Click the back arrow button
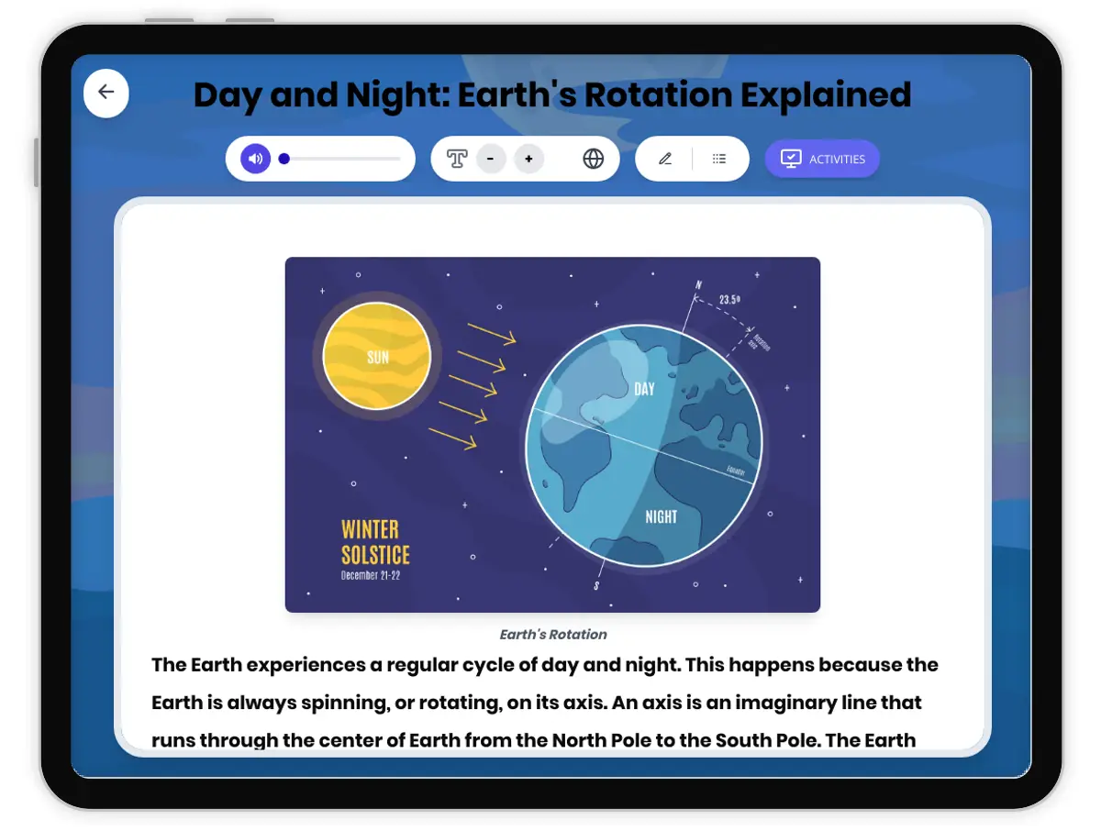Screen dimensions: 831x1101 tap(106, 92)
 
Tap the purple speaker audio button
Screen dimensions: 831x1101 tap(255, 159)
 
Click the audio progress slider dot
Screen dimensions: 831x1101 tap(284, 159)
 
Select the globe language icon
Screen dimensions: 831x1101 tap(594, 159)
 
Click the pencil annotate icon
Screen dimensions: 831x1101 tap(665, 159)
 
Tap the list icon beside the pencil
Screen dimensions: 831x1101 tap(719, 159)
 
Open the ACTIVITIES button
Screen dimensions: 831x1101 tap(822, 159)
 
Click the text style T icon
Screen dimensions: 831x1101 tap(457, 159)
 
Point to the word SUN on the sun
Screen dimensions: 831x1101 tap(378, 358)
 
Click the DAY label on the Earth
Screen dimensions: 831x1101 tap(645, 389)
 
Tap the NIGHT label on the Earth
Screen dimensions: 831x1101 tap(661, 516)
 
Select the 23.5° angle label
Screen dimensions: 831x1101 tap(729, 300)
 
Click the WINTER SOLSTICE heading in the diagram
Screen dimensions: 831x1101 tap(374, 542)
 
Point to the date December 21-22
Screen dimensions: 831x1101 tap(371, 576)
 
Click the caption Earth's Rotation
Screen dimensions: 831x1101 tap(553, 634)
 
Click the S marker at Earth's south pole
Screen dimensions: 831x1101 tap(596, 586)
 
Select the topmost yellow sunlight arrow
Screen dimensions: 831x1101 tap(492, 333)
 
